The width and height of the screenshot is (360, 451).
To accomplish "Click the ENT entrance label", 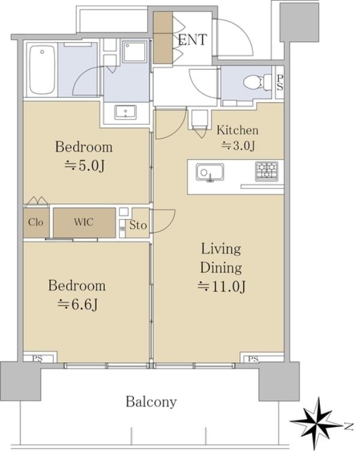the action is (192, 40).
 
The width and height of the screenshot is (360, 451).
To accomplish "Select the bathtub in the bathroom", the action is (42, 70).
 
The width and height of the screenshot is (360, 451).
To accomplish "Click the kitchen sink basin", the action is (210, 172).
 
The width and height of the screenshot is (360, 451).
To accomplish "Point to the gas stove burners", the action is (266, 171).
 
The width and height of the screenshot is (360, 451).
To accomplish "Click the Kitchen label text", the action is (238, 130).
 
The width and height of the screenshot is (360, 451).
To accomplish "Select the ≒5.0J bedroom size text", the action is (84, 166).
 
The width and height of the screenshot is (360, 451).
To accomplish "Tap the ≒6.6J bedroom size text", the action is (77, 304).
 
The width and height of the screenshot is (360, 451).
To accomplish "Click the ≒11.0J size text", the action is (221, 286).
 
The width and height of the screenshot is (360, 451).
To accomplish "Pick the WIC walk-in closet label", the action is (83, 222).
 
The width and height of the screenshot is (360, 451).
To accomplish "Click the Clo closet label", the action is (35, 222).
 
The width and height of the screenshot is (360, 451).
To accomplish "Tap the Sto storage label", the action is (138, 225).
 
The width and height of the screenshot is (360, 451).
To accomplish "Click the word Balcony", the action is (151, 402).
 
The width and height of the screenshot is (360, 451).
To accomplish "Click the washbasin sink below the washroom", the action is (125, 112).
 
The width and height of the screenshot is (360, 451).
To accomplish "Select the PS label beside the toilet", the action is (280, 82).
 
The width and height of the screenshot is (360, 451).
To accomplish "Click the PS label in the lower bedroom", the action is (37, 359).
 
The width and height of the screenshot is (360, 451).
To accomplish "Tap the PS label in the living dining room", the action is (253, 359).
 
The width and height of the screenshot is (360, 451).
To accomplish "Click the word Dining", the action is (221, 268).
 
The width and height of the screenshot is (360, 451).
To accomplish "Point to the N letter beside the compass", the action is (349, 426).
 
